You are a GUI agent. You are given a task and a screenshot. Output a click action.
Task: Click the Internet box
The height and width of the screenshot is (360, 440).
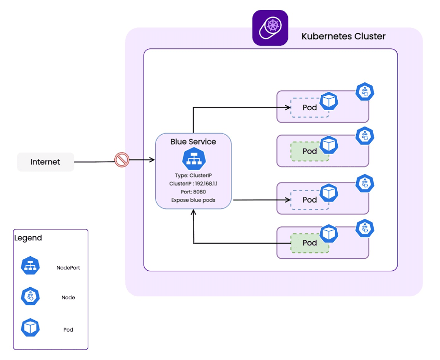[x=45, y=162]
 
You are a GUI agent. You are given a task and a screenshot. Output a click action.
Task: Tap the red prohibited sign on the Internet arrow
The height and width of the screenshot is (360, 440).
[x=122, y=160]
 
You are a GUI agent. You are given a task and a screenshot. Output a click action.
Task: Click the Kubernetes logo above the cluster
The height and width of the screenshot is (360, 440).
[x=270, y=28]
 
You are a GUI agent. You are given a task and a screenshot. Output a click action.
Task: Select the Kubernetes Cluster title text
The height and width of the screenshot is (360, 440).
[x=343, y=37]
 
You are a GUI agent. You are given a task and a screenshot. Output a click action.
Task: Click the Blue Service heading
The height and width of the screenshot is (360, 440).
[x=193, y=142]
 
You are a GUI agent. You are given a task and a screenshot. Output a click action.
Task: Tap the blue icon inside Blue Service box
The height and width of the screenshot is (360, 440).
[x=193, y=158]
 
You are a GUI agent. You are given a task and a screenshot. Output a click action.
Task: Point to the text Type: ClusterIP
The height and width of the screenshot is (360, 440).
[x=193, y=176]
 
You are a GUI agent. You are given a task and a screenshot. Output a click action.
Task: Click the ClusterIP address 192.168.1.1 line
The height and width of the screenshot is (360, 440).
[x=193, y=183]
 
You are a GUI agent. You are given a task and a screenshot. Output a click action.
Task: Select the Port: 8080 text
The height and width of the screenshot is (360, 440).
[x=193, y=191]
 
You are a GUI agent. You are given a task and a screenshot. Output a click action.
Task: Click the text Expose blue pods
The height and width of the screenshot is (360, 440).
[x=193, y=200]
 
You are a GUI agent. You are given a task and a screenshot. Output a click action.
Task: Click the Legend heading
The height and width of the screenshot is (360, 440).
[x=28, y=238]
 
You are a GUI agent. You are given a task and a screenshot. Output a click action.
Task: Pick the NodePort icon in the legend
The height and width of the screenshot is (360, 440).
[x=30, y=266]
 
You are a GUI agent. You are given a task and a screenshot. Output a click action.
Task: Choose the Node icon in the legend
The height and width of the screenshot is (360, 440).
[x=30, y=297]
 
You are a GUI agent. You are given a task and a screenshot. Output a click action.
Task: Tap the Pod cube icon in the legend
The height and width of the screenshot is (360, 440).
[x=30, y=328]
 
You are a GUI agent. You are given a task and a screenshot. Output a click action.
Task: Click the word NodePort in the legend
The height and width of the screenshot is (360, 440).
[x=68, y=268]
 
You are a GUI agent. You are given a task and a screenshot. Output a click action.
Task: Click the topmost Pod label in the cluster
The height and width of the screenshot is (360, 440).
[x=310, y=108]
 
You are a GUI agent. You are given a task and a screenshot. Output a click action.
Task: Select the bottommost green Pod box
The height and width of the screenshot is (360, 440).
[x=309, y=243]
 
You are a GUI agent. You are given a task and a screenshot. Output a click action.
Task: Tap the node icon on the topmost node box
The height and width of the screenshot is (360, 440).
[x=365, y=92]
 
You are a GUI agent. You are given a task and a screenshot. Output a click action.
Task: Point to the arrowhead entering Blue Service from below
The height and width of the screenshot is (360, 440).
[x=194, y=213]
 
